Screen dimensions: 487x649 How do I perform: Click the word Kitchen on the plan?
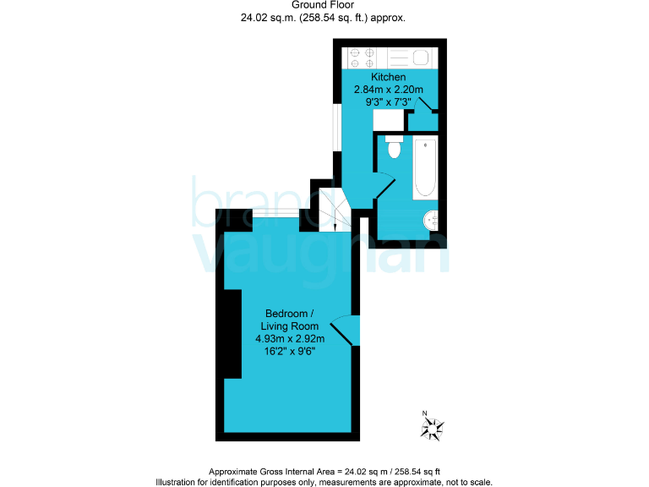pos(389,77)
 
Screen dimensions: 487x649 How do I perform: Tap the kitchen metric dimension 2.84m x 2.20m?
pos(389,90)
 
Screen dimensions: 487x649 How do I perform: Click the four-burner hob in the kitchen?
pos(363,57)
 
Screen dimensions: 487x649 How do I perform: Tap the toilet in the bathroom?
pos(393,148)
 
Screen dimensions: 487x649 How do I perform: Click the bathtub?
pos(424,167)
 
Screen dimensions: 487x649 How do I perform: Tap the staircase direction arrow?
pos(335,221)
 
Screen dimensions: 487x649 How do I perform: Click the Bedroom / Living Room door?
pos(346,330)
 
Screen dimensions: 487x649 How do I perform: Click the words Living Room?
pos(290,326)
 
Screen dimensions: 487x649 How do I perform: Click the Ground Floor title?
pos(324,5)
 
